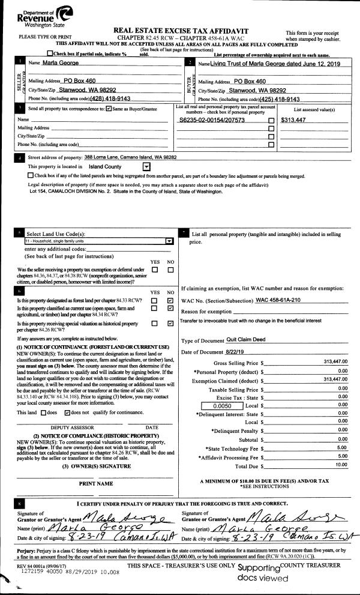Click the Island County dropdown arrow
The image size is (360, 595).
point(146,166)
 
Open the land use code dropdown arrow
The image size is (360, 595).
point(169,240)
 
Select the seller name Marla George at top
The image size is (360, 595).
point(48,62)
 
